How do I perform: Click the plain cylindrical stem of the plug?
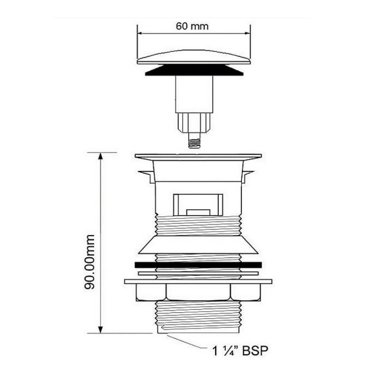[x=193, y=93]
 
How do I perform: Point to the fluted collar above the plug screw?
[x=193, y=122]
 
